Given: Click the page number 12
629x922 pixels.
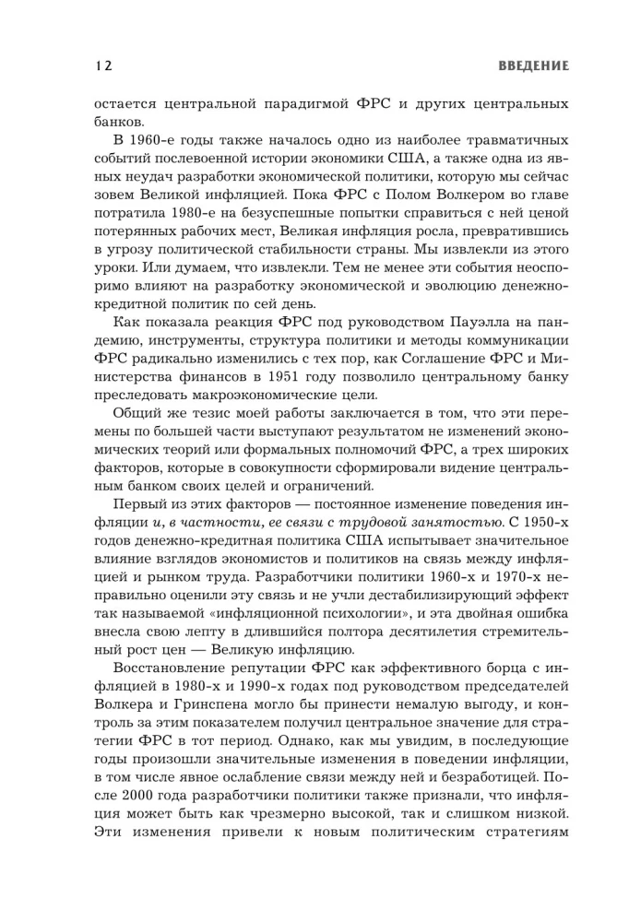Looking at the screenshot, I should [x=102, y=65].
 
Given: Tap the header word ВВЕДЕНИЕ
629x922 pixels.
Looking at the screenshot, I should [x=533, y=65].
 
